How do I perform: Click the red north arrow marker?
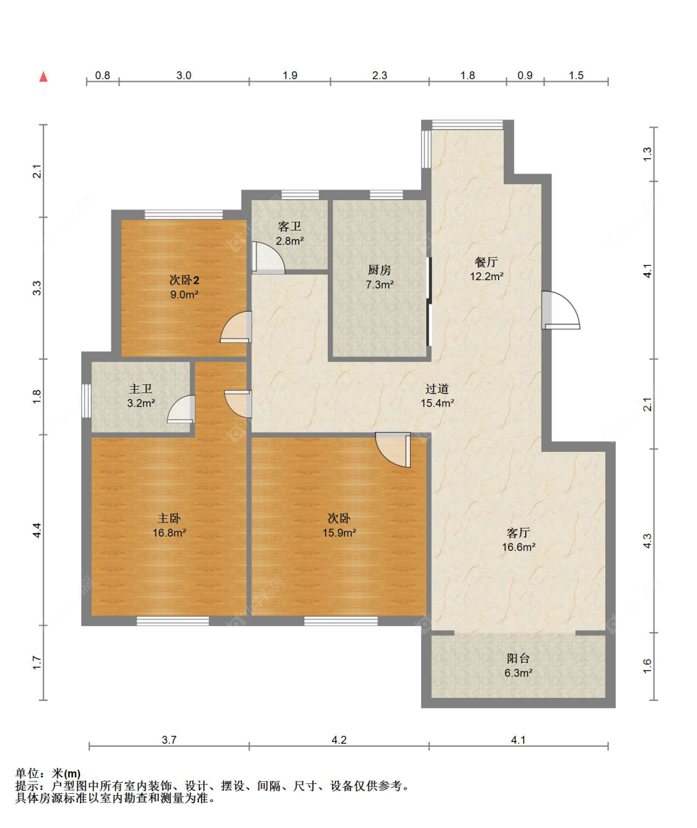[x=43, y=77]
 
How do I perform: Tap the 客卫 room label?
[x=289, y=226]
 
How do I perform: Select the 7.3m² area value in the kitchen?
[x=379, y=284]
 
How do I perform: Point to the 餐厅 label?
[x=486, y=262]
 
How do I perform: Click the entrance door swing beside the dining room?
[x=561, y=310]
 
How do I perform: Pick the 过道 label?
[x=437, y=389]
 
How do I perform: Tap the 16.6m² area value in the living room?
[x=519, y=547]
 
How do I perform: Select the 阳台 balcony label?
[x=518, y=658]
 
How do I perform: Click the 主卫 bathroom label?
[x=141, y=389]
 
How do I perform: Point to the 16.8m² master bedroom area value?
[x=169, y=532]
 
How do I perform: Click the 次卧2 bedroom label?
[x=184, y=280]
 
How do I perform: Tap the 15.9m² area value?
[x=339, y=532]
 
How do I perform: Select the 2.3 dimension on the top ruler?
[x=379, y=76]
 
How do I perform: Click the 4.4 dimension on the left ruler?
[x=37, y=530]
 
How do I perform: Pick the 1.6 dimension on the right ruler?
[x=647, y=666]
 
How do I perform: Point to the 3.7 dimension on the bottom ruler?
[x=169, y=740]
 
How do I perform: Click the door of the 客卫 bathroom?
[x=268, y=258]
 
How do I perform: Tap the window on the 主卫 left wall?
[x=86, y=400]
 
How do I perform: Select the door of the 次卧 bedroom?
[x=393, y=450]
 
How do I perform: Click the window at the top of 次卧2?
[x=183, y=214]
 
